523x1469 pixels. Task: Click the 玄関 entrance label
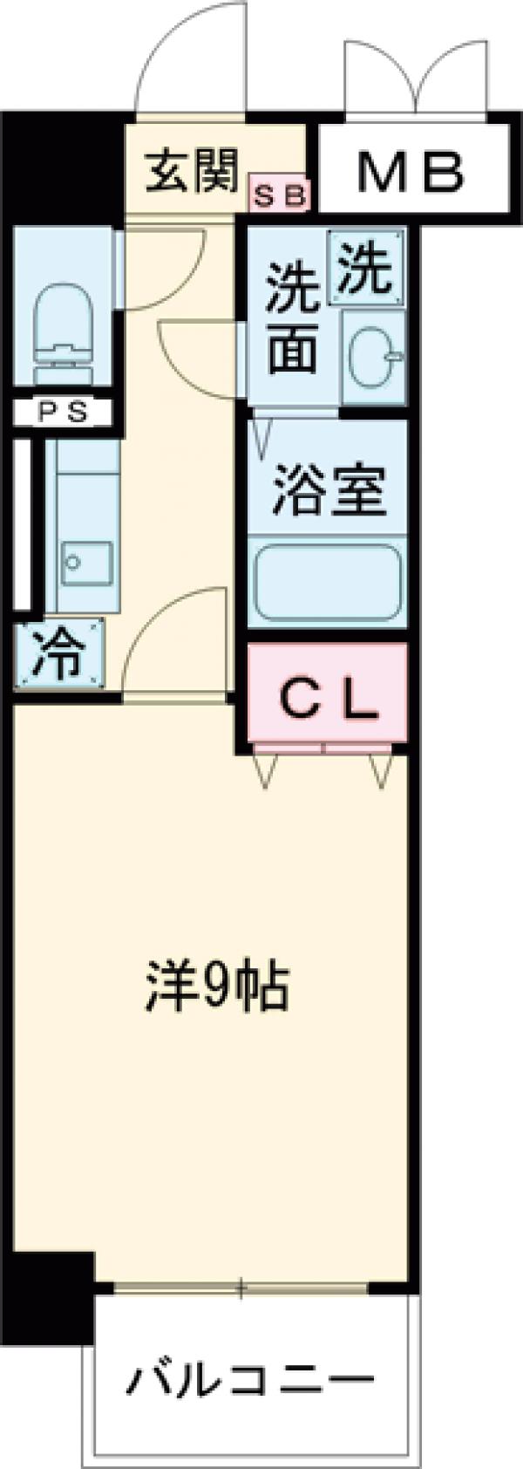coord(191,171)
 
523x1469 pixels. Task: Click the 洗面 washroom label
coord(292,318)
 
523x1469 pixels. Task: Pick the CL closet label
coord(329,698)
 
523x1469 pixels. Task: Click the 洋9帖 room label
coord(215,987)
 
